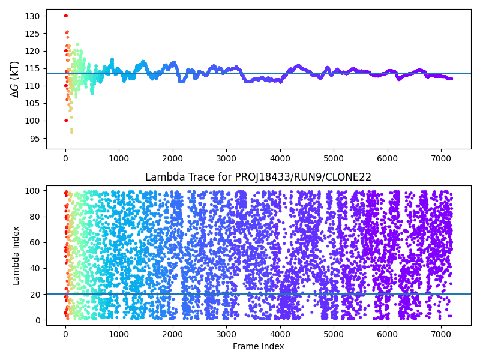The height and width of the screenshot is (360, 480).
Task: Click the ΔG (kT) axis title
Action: click(15, 79)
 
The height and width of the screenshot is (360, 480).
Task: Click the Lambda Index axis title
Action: click(16, 256)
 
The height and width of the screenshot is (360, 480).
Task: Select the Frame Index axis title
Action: click(259, 346)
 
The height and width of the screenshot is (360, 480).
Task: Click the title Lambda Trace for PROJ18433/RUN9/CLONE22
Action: click(259, 177)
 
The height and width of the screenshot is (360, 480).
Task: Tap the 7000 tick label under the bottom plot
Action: click(441, 333)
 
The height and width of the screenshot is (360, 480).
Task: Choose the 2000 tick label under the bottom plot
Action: click(173, 333)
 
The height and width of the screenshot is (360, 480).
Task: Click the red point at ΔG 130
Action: click(65, 16)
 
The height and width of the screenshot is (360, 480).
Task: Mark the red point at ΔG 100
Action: click(66, 121)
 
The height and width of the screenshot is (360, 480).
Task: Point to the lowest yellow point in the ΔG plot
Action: click(71, 131)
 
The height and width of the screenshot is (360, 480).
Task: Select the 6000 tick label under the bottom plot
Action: click(388, 333)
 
